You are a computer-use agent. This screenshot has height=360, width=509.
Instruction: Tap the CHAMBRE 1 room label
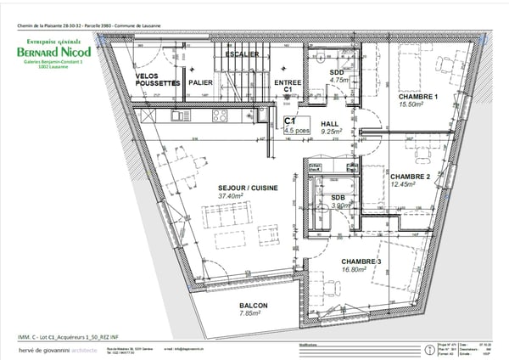pyautogui.click(x=418, y=96)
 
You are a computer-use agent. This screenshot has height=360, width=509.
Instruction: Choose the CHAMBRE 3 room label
pyautogui.click(x=362, y=261)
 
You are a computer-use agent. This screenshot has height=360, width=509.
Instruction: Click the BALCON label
pyautogui.click(x=253, y=305)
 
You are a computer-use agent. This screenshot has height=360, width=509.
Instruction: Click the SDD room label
pyautogui.click(x=337, y=74)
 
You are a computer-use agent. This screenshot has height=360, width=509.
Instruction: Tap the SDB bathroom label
pyautogui.click(x=327, y=197)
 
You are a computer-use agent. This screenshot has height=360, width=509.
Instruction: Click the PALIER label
pyautogui.click(x=201, y=83)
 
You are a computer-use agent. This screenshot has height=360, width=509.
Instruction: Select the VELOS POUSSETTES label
pyautogui.click(x=158, y=80)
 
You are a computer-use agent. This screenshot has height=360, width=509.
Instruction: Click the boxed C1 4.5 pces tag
pyautogui.click(x=294, y=126)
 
